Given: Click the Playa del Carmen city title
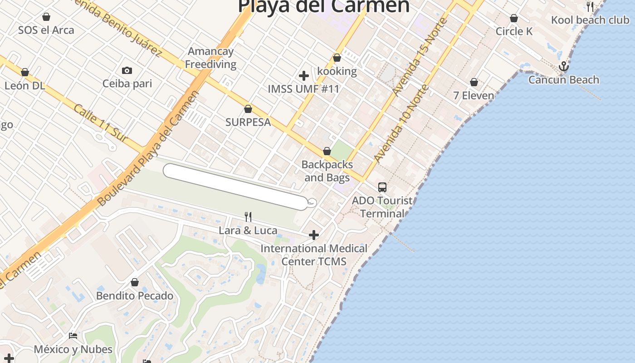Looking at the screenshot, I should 323,6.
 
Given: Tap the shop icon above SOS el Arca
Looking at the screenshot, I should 46,17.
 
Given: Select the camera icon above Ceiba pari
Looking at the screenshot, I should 127,70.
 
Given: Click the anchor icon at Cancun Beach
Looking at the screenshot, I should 563,67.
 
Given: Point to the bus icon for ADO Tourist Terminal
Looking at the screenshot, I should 382,187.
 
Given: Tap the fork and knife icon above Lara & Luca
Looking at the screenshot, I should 248,217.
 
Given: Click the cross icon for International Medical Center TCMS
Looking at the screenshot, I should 313,235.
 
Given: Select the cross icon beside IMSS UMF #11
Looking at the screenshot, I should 304,76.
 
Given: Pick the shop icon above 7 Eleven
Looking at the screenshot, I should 474,83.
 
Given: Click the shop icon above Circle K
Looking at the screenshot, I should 514,18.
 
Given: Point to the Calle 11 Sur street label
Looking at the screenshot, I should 101,123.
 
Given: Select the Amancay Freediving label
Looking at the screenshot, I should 210,58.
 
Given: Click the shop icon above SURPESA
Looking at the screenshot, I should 248,109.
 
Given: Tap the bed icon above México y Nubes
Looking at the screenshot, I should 73,336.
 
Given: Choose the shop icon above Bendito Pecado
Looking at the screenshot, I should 135,283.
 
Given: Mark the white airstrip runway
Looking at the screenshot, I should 235,187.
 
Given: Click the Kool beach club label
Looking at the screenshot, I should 590,20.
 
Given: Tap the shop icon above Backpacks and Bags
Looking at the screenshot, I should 327,151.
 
